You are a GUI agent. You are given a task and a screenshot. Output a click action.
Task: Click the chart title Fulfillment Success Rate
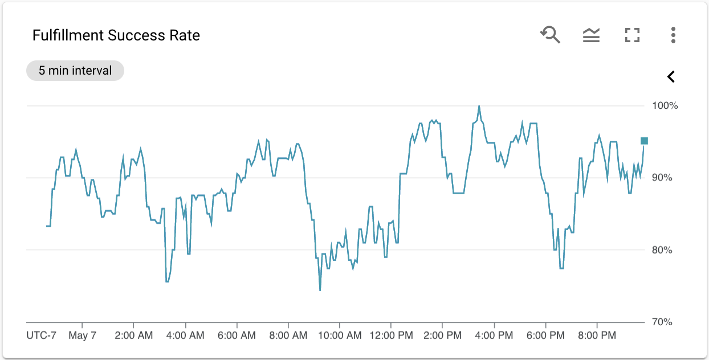[x=116, y=35]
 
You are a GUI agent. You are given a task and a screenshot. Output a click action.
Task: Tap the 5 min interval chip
[x=75, y=71]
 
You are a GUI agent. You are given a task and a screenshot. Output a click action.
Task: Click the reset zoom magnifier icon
[x=551, y=35]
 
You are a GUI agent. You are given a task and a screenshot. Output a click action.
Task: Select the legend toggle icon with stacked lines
[x=591, y=35]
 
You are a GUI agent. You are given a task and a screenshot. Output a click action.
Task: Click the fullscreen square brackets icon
[x=632, y=35]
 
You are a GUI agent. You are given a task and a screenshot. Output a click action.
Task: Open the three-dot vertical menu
[x=673, y=35]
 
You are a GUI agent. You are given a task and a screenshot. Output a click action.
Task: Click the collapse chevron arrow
[x=671, y=76]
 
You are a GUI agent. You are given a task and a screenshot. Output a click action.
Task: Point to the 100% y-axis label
[x=665, y=106]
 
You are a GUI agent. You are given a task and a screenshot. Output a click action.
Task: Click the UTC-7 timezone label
[x=42, y=336]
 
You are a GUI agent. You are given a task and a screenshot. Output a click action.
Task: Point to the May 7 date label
[x=83, y=336]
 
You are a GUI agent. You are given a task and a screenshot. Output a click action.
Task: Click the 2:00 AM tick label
[x=134, y=336]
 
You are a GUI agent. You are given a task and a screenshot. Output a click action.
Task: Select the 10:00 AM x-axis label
[x=339, y=336]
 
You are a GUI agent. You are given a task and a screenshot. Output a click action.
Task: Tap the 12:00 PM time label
[x=390, y=336]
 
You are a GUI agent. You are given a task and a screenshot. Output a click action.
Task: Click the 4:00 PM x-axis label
[x=494, y=336]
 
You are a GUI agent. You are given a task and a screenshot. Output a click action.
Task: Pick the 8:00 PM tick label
[x=597, y=336]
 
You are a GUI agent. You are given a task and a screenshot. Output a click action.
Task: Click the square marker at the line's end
[x=644, y=141]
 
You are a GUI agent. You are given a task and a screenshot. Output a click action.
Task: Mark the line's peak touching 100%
[x=479, y=107]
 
